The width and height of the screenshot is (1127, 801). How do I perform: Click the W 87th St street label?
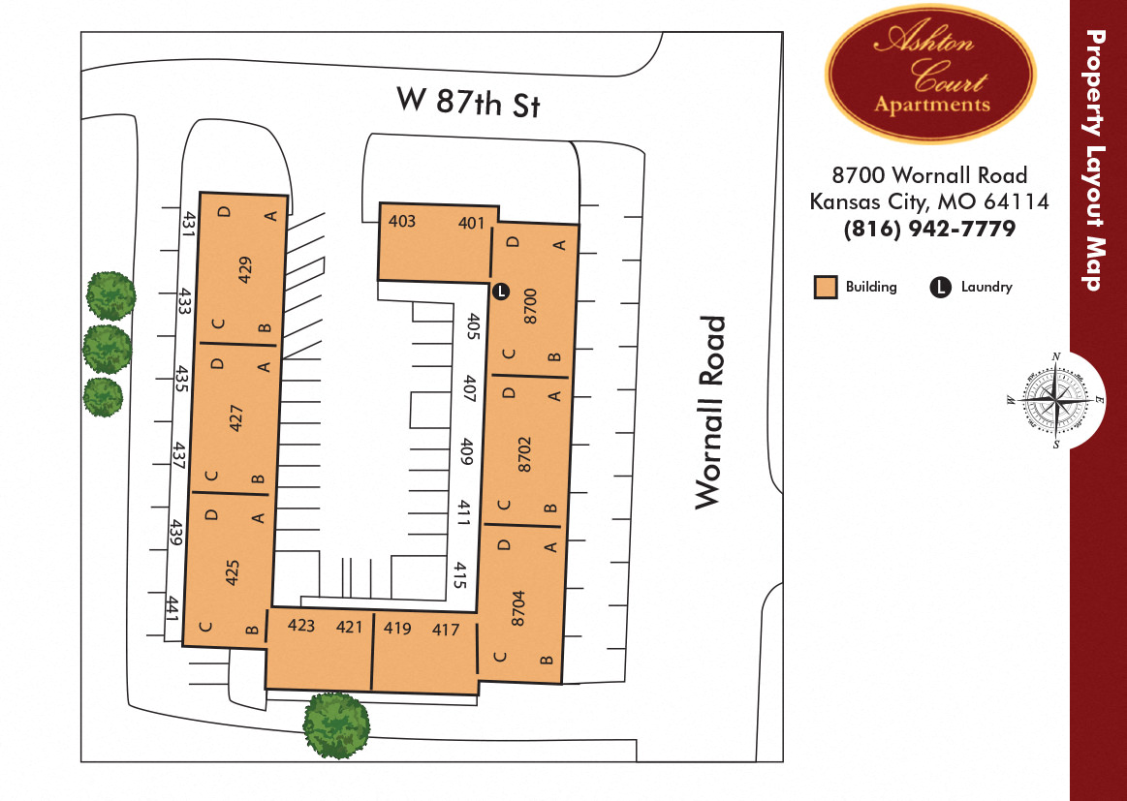467,102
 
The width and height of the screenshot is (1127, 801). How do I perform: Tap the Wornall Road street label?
710,412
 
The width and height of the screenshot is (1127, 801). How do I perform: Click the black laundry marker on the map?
500,291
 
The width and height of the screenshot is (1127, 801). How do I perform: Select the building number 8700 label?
529,305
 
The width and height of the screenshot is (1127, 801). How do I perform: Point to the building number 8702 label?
524,454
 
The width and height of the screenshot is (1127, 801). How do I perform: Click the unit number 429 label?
244,269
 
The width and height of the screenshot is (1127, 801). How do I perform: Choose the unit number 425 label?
232,572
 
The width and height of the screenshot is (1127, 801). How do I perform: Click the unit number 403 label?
402,222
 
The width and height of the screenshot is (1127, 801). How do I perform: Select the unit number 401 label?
471,223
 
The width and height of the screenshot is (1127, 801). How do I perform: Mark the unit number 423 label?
301,626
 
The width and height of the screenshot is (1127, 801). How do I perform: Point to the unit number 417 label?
446,629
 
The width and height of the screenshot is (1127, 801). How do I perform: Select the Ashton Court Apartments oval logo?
930,73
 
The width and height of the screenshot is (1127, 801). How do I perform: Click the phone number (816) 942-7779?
929,229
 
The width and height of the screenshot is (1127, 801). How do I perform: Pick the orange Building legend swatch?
826,288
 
